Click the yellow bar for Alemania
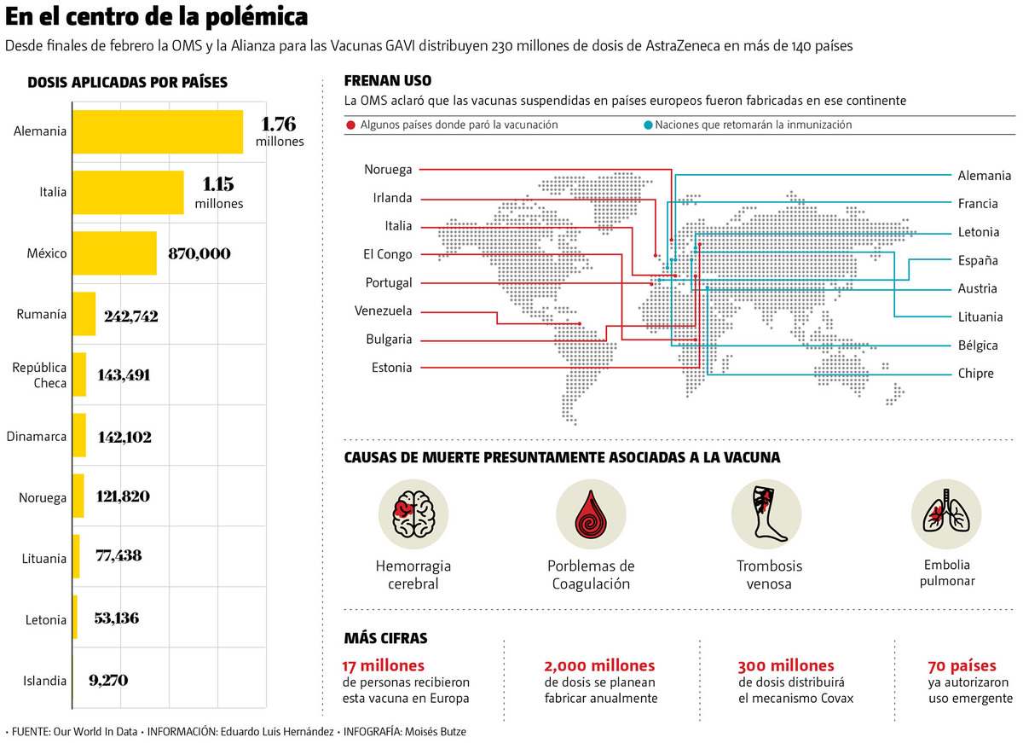(158, 131)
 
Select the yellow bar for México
(114, 253)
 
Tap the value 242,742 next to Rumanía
(131, 316)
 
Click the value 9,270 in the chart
(108, 681)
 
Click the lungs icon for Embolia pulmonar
(946, 514)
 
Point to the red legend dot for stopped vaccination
(350, 125)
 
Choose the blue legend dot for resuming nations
(649, 125)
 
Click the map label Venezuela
(383, 311)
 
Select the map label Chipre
(975, 374)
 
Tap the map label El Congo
(387, 254)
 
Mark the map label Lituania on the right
(980, 317)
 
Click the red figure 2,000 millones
(599, 665)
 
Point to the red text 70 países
(960, 665)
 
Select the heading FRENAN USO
(387, 81)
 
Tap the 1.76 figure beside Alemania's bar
(278, 123)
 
